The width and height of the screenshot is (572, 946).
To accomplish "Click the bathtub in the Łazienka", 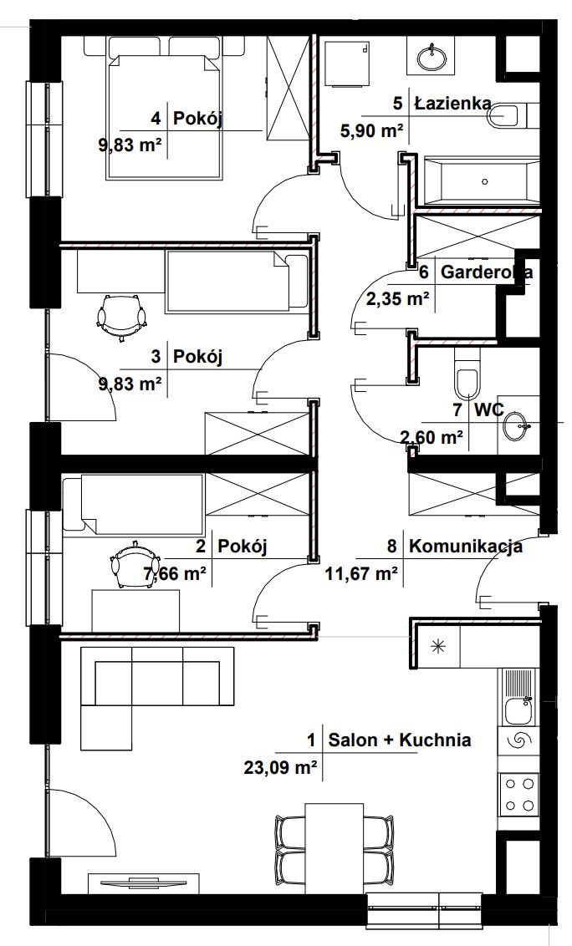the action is pos(482,181).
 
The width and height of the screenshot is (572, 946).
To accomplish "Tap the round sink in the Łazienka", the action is pos(432,58).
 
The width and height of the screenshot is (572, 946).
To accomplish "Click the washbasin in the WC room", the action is pos(516,426).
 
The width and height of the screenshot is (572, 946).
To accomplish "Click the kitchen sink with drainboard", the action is pos(518,698).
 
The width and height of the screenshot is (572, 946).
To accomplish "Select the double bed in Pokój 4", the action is pos(164,108).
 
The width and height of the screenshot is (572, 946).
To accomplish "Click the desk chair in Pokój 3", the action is pos(122,317).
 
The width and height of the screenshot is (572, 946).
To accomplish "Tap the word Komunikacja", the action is pos(467,547).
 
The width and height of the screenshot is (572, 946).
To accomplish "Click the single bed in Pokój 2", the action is pos(134,505).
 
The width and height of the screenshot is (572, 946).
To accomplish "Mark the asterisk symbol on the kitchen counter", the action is pos(437,647).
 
